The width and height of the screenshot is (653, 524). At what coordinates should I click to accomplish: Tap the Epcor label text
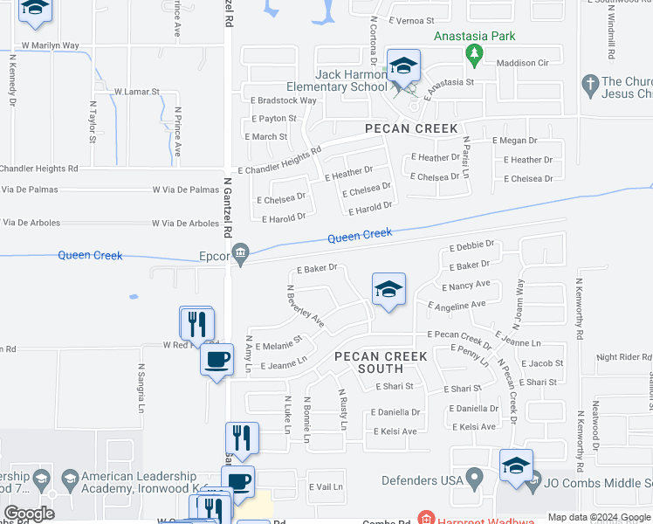tap(214, 257)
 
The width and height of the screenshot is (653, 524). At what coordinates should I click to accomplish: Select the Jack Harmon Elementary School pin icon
tap(403, 68)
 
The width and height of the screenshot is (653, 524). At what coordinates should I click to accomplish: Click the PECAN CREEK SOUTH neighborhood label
tap(381, 362)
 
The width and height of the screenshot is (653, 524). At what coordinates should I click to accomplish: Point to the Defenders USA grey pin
tap(474, 479)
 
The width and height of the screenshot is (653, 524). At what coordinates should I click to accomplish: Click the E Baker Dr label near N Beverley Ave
tap(316, 270)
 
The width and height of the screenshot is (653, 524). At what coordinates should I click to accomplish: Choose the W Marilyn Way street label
tap(50, 45)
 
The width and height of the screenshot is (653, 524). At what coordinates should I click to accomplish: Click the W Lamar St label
tap(137, 91)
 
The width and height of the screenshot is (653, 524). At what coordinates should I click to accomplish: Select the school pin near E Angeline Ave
tap(388, 290)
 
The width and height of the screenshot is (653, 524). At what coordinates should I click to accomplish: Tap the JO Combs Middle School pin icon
tap(516, 465)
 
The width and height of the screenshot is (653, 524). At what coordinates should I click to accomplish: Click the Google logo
tap(29, 514)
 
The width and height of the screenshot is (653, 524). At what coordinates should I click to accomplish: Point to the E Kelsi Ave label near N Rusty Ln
tap(395, 431)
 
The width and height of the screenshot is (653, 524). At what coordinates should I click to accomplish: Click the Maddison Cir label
tap(522, 63)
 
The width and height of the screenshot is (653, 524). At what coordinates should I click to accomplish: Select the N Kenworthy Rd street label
tap(578, 309)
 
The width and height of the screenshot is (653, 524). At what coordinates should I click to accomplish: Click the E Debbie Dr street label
tap(472, 245)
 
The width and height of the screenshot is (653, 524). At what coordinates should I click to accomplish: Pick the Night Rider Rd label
tap(624, 357)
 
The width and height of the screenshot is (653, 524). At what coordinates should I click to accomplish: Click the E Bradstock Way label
tap(280, 100)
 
